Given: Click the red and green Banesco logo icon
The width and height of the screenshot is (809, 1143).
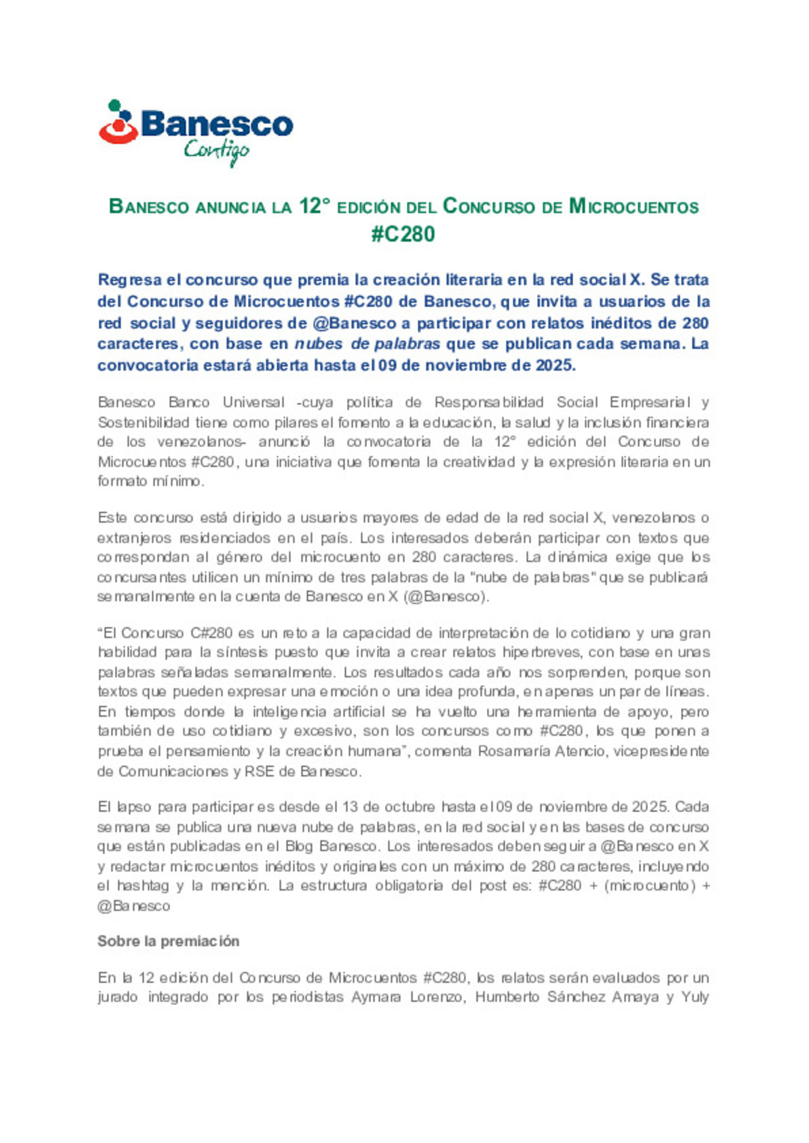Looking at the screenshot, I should (x=118, y=122).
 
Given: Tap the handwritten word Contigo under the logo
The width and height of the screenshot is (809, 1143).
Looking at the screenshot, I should (x=216, y=152).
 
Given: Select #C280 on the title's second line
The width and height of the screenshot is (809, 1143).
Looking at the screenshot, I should (x=403, y=234).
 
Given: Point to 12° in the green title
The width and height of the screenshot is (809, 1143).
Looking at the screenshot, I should (x=315, y=206).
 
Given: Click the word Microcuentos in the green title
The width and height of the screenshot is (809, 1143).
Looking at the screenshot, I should (x=634, y=207).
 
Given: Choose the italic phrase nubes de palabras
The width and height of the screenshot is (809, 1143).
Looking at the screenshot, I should (x=367, y=344).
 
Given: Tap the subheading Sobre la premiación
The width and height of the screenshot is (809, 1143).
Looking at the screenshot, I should (x=169, y=942).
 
